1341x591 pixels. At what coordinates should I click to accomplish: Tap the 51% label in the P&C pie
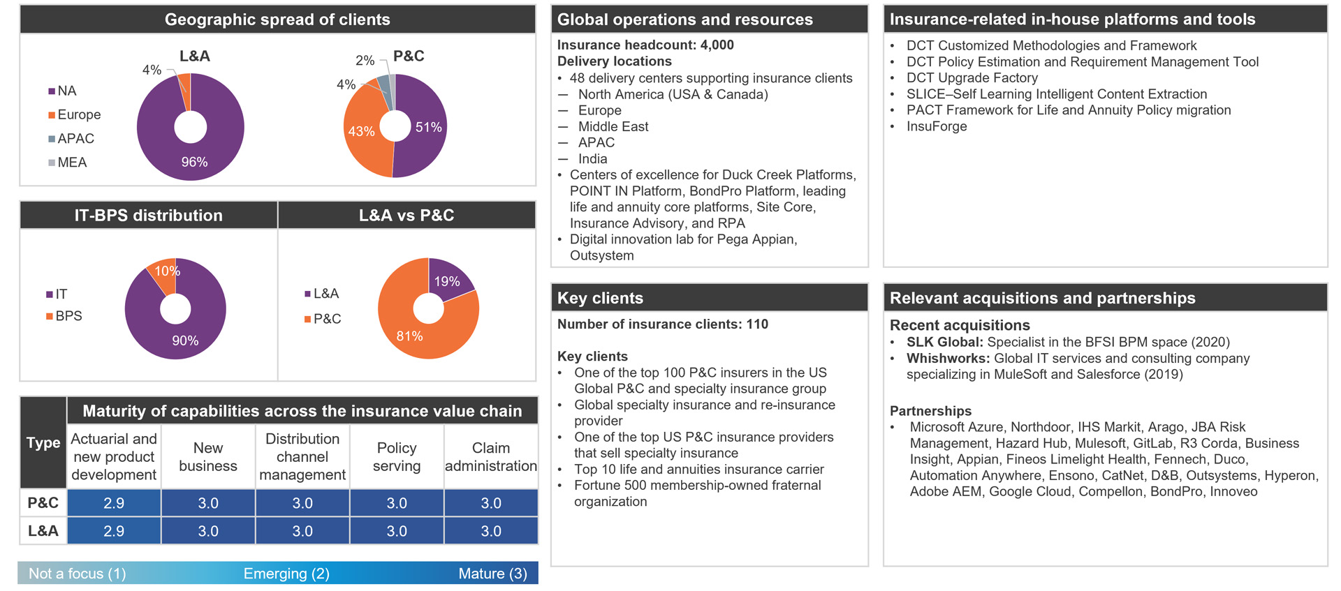[428, 127]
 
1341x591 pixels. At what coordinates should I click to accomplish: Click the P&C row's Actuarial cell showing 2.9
[114, 503]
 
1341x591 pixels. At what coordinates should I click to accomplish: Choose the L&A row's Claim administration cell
[491, 531]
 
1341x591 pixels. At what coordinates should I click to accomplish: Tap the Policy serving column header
[397, 457]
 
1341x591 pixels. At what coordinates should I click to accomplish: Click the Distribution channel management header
[302, 457]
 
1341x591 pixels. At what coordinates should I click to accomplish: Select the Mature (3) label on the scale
[492, 574]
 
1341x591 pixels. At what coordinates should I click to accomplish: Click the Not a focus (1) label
[77, 574]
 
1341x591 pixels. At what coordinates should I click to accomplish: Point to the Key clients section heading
[600, 298]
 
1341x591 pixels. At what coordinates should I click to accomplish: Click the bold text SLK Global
[944, 342]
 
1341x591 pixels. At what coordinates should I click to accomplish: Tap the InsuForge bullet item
[937, 126]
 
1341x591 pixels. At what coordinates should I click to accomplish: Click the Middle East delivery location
[613, 126]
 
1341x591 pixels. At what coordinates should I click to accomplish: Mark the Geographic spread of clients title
[277, 20]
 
